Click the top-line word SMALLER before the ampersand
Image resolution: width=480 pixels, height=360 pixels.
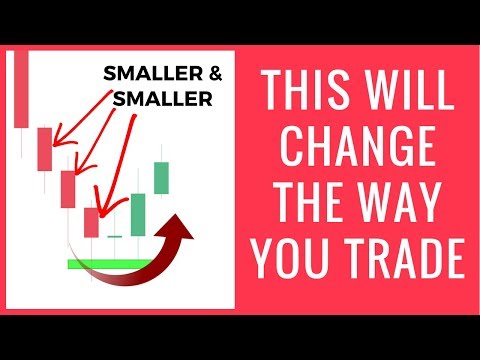point(153,74)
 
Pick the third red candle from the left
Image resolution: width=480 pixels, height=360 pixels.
point(67,189)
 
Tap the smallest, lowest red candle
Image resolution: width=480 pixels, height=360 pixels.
point(91,221)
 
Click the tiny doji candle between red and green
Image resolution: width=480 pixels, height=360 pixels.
point(115,235)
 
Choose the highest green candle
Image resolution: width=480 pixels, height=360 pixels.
point(161,177)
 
